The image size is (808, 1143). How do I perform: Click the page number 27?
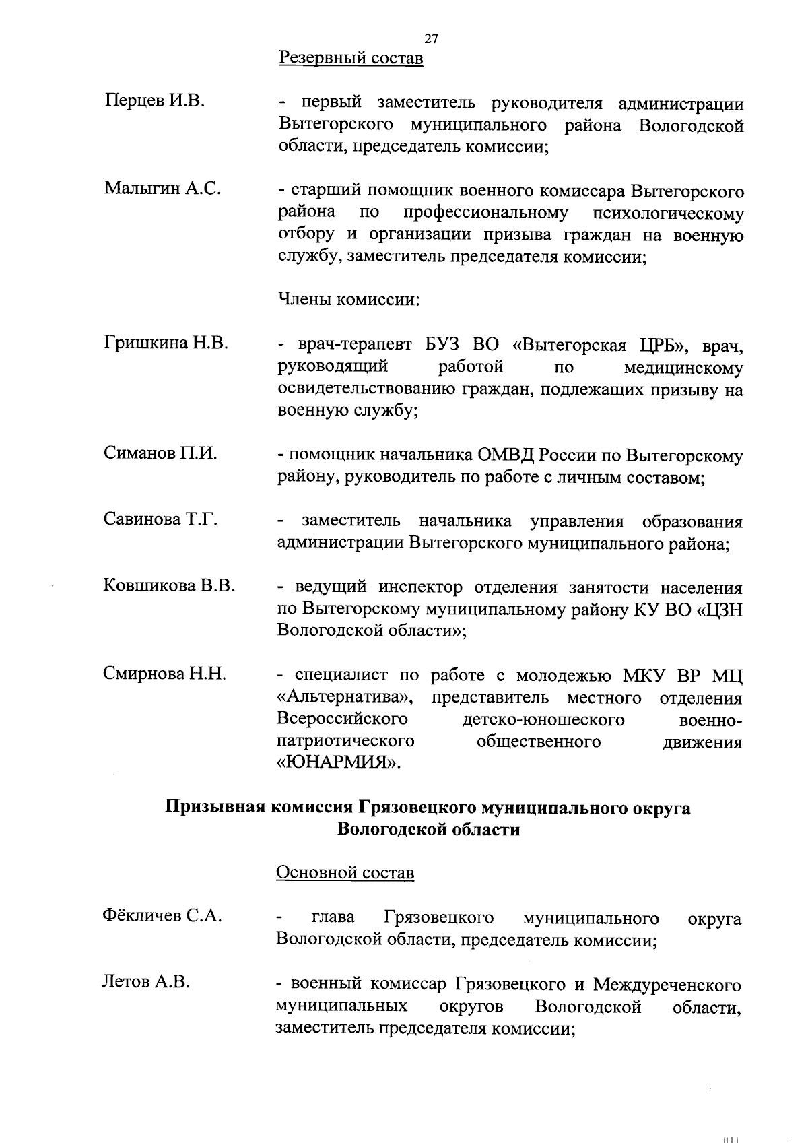432,39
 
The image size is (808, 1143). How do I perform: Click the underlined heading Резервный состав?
351,59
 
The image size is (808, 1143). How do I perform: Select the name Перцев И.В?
154,102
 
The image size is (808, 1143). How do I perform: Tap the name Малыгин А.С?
162,189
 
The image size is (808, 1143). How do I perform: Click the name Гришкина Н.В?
166,344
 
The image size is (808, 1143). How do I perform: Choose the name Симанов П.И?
160,453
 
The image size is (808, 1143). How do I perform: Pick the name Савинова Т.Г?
160,519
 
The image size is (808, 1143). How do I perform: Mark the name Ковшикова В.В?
169,585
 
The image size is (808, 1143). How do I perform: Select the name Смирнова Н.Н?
164,674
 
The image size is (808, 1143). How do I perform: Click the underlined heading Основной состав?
345,873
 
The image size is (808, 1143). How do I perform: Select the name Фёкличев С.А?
162,916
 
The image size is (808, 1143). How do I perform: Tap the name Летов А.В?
145,983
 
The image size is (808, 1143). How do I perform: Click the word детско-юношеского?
543,720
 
